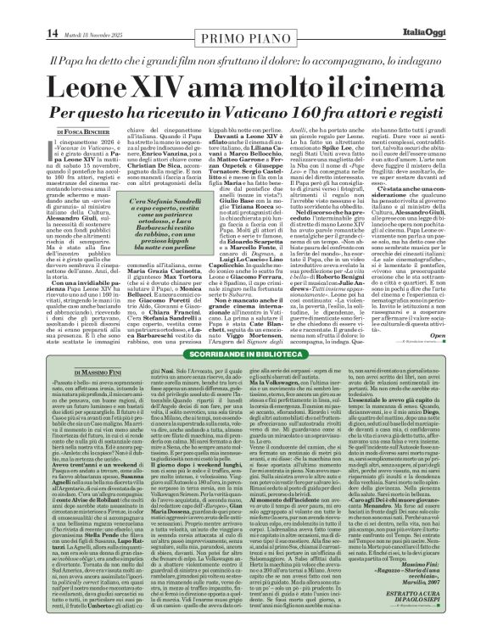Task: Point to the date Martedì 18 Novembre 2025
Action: click(x=64, y=10)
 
